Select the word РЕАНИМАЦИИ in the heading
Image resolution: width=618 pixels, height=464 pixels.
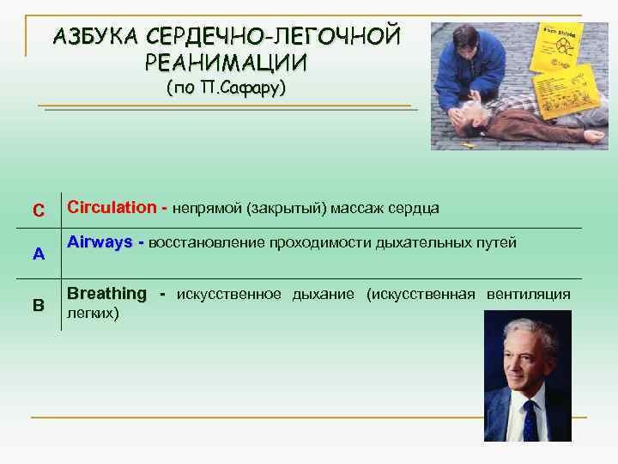(x=225, y=64)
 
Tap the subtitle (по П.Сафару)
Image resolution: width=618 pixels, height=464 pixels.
(x=225, y=89)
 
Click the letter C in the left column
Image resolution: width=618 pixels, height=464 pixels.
(x=38, y=211)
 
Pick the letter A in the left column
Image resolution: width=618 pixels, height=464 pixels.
(x=38, y=255)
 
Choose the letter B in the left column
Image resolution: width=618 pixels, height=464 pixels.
(x=38, y=304)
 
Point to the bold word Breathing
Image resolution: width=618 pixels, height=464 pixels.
(x=106, y=294)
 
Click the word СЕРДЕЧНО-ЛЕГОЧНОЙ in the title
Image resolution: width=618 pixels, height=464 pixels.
(x=274, y=37)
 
